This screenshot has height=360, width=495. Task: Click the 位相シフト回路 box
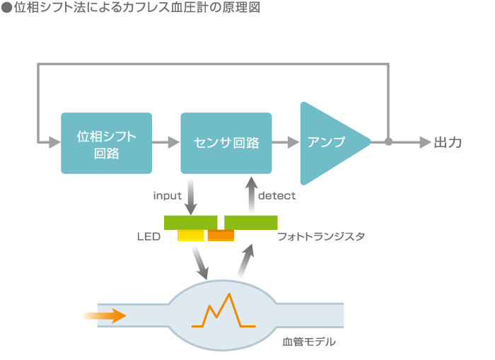pos(106,143)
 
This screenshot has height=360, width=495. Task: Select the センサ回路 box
pos(226,143)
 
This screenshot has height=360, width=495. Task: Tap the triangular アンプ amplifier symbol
pos(335,143)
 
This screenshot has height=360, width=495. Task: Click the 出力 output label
pos(448,142)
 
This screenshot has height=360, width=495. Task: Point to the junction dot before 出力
pos(389,141)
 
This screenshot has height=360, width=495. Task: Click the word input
pos(168,196)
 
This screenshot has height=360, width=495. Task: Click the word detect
pos(277,196)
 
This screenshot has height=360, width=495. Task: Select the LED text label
pos(148,236)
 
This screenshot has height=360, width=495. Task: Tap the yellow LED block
pos(191,236)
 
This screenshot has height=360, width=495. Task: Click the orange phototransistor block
pos(221,236)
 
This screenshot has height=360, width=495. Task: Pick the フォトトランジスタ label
pos(321,236)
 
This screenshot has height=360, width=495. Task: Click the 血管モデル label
pos(309,342)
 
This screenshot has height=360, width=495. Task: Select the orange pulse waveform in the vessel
pos(223,310)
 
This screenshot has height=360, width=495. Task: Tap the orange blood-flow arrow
pos(104,315)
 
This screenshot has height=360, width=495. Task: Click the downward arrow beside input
pos(191,197)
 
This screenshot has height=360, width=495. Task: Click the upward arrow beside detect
pos(252,194)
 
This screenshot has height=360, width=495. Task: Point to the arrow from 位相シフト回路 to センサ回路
pos(166,142)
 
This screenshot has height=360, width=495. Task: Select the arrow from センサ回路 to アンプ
pos(286,142)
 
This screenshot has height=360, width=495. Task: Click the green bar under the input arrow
pos(191,223)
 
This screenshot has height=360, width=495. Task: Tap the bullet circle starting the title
pos(6,8)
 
